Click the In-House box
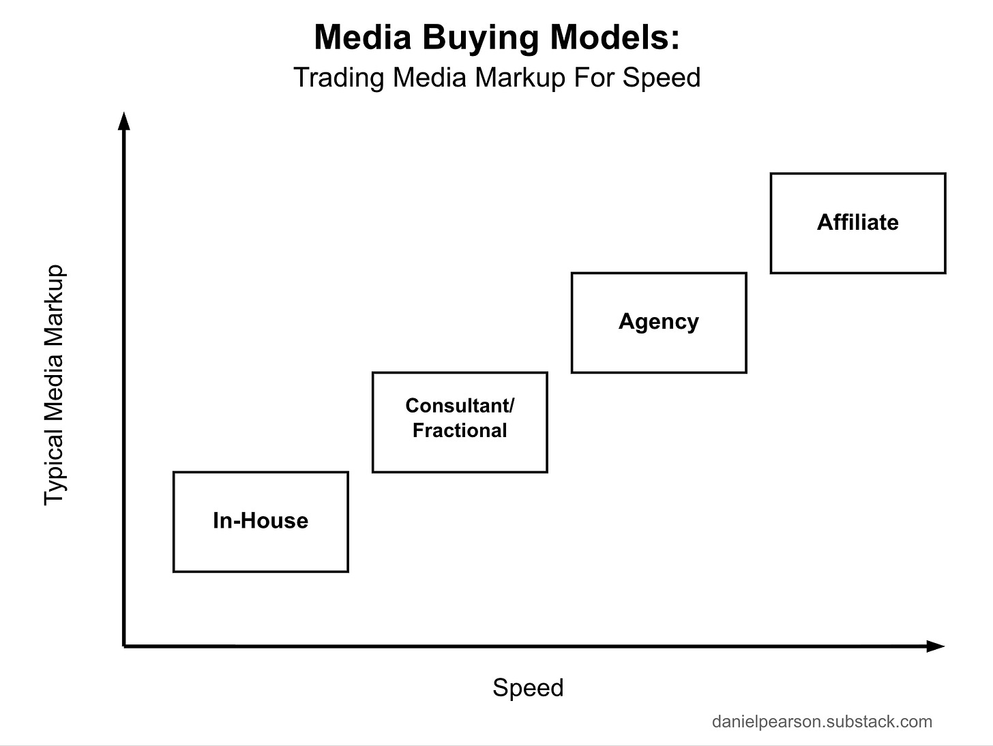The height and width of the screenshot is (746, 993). point(261,522)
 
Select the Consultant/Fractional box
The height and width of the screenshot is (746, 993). point(460,422)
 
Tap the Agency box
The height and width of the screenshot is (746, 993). point(659,323)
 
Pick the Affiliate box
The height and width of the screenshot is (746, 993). point(858,223)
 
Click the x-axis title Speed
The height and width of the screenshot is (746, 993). point(528,687)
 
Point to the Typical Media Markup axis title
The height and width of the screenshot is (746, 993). point(54,385)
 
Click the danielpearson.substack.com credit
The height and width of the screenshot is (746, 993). point(822,721)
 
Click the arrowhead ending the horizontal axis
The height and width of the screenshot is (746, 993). point(935,646)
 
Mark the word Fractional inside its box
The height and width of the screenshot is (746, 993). point(460,431)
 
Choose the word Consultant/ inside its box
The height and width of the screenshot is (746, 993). point(460,406)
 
